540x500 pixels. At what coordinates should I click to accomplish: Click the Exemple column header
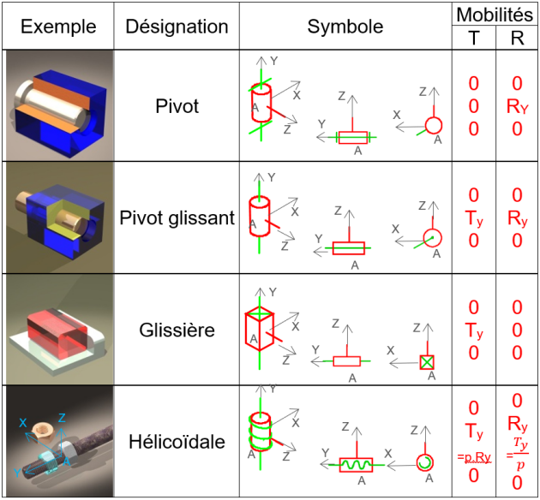click(x=58, y=27)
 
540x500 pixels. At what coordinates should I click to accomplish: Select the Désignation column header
click(x=177, y=27)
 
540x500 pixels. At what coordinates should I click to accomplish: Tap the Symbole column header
click(x=345, y=27)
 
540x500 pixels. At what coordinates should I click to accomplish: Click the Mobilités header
click(x=495, y=14)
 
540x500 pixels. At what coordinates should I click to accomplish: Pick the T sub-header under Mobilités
click(x=474, y=38)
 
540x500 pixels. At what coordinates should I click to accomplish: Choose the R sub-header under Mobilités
click(x=517, y=38)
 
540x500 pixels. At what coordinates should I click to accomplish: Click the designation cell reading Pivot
click(x=177, y=107)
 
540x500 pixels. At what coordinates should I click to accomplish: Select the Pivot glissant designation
click(x=177, y=218)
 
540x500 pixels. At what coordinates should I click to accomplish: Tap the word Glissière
click(x=177, y=330)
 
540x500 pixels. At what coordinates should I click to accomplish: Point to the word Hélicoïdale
click(x=177, y=443)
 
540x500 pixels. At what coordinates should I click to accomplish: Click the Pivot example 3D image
click(x=58, y=106)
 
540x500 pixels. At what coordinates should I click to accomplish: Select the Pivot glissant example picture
click(x=58, y=217)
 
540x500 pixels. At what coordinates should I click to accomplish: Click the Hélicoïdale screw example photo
click(x=58, y=443)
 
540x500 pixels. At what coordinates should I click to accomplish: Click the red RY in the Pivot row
click(x=517, y=107)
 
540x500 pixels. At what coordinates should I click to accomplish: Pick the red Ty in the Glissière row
click(x=474, y=330)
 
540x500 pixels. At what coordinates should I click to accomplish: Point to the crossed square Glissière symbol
click(x=428, y=361)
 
